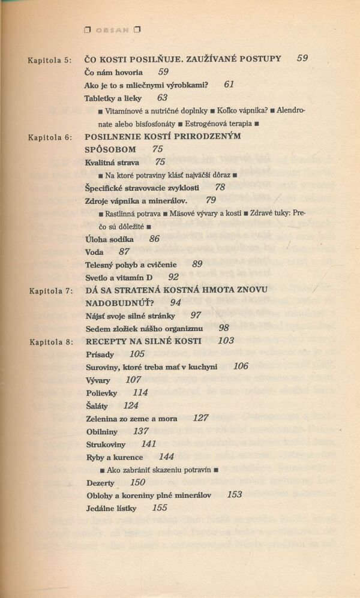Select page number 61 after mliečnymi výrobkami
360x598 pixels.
229,85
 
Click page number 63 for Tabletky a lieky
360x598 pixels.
162,97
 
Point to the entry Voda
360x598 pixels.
95,252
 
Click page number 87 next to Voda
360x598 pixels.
124,252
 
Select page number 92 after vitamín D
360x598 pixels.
173,277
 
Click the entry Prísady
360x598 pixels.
100,354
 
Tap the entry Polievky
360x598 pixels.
101,393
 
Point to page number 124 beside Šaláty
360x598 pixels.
131,405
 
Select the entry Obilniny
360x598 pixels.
101,431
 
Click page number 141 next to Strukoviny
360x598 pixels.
148,444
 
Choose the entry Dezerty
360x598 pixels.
100,483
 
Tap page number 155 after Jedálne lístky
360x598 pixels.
160,508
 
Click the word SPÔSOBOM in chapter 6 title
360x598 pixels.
111,149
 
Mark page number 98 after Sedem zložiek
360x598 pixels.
224,328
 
